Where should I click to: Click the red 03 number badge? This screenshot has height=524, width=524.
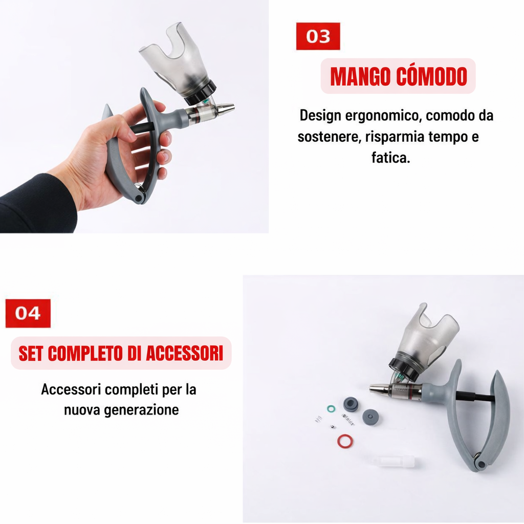[318, 36]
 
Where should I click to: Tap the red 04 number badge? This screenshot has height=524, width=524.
[28, 313]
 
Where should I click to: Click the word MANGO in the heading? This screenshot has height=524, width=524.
[361, 77]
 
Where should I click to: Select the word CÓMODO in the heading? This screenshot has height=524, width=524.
[431, 76]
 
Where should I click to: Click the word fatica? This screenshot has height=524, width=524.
[390, 157]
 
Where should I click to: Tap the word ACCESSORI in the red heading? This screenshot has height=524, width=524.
[184, 353]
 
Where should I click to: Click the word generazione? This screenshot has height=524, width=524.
[141, 410]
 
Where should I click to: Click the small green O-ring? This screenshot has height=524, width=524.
[331, 409]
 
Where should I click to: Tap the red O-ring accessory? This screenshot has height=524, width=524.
[345, 441]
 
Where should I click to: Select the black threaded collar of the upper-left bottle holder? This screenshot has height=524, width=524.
[200, 94]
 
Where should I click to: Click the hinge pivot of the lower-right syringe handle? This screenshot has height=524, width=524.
[481, 464]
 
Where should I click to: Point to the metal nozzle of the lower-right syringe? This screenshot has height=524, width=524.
[380, 389]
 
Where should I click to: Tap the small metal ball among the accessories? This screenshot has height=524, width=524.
[332, 426]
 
